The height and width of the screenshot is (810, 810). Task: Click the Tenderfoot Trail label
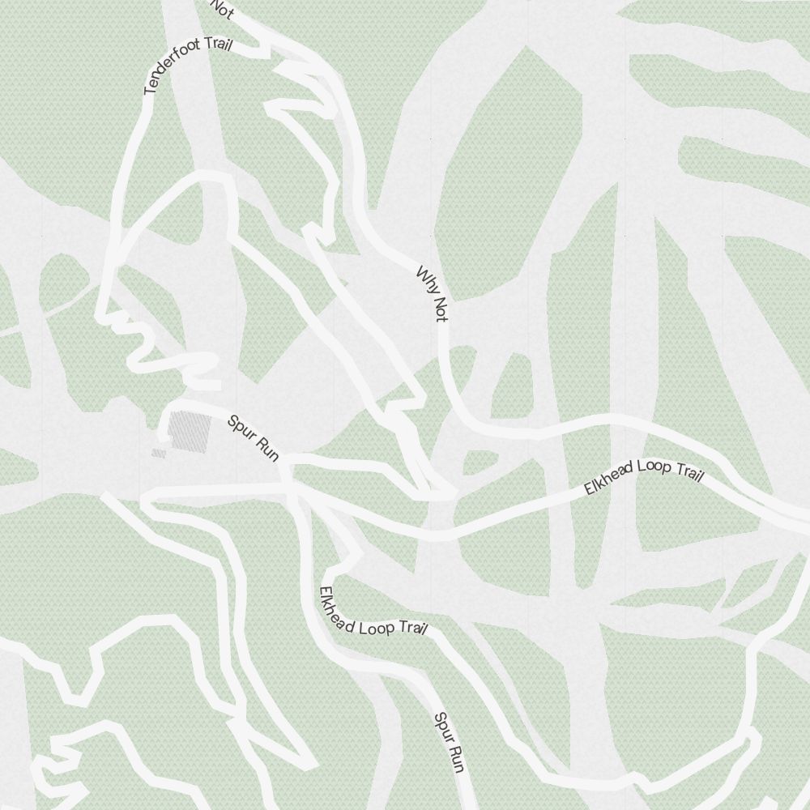[x=187, y=65]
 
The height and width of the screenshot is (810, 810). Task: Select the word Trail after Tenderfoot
[x=216, y=45]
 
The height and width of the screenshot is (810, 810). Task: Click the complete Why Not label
[x=432, y=293]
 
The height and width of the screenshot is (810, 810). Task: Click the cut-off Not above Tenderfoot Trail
[x=223, y=9]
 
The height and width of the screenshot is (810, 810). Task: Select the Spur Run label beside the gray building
[x=254, y=438]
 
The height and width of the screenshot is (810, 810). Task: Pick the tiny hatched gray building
[x=159, y=454]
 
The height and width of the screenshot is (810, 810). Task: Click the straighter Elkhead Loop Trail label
[x=643, y=473]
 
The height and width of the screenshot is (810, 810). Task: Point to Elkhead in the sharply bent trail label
[x=335, y=609]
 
